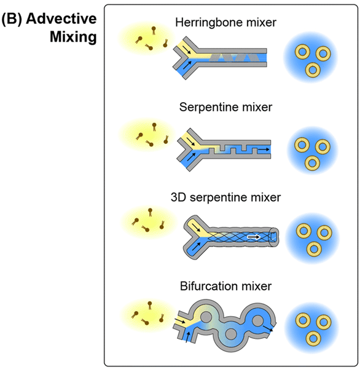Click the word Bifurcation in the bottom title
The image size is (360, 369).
click(206, 287)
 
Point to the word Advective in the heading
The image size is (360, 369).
click(61, 18)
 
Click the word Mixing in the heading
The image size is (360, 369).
click(73, 37)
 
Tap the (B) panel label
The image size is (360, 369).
click(12, 19)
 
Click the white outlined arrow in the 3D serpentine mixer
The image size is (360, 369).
click(254, 237)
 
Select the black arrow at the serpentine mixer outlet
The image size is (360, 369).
click(264, 149)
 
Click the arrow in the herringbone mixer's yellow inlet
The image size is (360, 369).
click(187, 49)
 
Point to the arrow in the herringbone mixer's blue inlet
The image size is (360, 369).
click(187, 65)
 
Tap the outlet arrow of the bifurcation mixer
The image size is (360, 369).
click(268, 328)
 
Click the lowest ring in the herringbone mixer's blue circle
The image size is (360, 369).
click(313, 70)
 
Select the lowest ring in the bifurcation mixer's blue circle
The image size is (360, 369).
click(313, 338)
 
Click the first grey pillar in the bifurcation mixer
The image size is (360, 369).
click(206, 317)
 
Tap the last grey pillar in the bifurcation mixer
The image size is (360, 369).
click(257, 320)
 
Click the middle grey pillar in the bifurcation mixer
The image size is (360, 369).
click(230, 334)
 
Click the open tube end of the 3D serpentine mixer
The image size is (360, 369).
click(274, 237)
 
